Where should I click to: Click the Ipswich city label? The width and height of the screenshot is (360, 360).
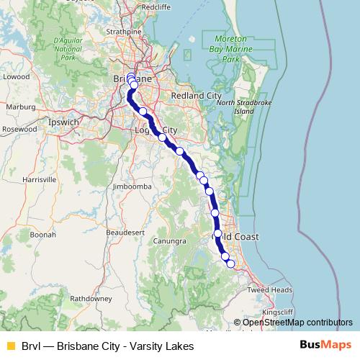[x=63, y=122]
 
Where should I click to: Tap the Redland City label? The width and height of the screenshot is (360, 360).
[x=197, y=95]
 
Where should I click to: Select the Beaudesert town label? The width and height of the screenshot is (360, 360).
[x=120, y=233]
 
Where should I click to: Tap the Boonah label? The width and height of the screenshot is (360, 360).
[x=43, y=235]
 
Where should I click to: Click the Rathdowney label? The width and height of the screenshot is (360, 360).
[x=89, y=297]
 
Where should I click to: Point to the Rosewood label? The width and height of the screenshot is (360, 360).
[x=19, y=129]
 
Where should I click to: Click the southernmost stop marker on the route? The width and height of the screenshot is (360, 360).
[x=231, y=264]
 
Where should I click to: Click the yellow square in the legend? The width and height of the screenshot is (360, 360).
[x=10, y=346]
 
